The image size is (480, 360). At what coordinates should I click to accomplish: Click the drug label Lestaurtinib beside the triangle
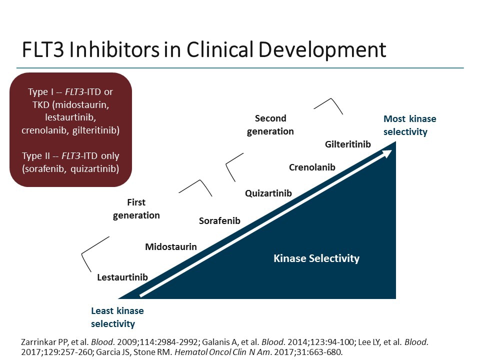click(122, 277)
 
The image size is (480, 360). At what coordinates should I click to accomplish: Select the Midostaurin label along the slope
click(170, 246)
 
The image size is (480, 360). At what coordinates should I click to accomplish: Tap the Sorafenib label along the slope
click(219, 220)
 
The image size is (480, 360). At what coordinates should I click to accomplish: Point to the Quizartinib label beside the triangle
click(268, 193)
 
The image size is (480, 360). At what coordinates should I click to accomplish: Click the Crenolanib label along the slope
click(312, 167)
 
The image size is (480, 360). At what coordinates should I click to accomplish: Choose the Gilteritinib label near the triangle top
click(348, 144)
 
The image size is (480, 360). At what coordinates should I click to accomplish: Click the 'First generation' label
click(136, 209)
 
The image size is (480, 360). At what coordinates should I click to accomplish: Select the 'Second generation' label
click(270, 125)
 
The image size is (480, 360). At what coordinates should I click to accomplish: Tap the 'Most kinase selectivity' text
click(409, 125)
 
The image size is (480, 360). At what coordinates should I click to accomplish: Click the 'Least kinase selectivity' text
click(117, 317)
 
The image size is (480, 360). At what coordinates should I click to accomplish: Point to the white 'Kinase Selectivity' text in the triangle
click(316, 258)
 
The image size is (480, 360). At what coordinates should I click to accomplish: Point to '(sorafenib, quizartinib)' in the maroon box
click(70, 168)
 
